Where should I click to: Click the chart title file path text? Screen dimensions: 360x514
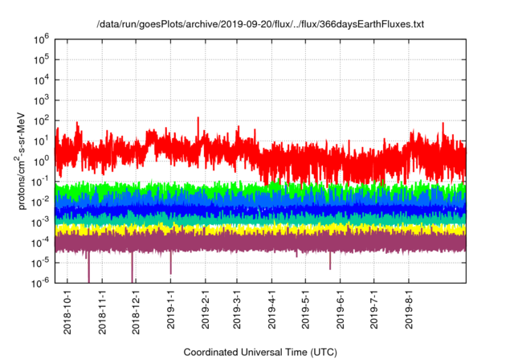(259, 25)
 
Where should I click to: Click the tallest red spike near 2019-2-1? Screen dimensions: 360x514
(198, 119)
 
